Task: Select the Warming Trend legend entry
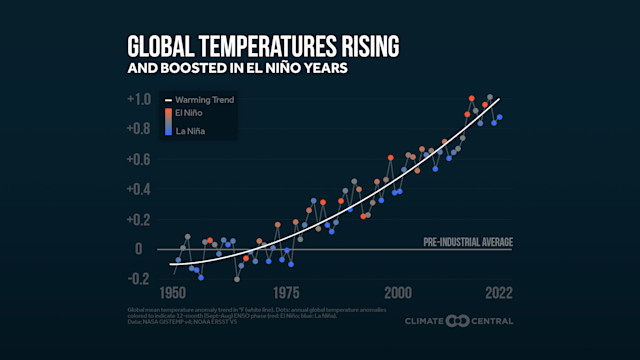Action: click(x=205, y=100)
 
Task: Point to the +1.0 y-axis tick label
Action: click(x=138, y=99)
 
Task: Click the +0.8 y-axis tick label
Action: click(x=138, y=129)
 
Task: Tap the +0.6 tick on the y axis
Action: click(x=138, y=159)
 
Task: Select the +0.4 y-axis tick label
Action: click(x=138, y=189)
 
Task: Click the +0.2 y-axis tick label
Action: click(x=138, y=219)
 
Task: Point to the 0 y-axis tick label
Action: click(x=139, y=249)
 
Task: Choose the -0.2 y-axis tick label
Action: click(x=138, y=279)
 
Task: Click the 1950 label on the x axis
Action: click(x=173, y=294)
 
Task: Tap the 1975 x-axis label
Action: click(x=287, y=294)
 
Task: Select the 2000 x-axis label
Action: click(x=398, y=294)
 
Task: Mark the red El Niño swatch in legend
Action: click(x=168, y=114)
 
